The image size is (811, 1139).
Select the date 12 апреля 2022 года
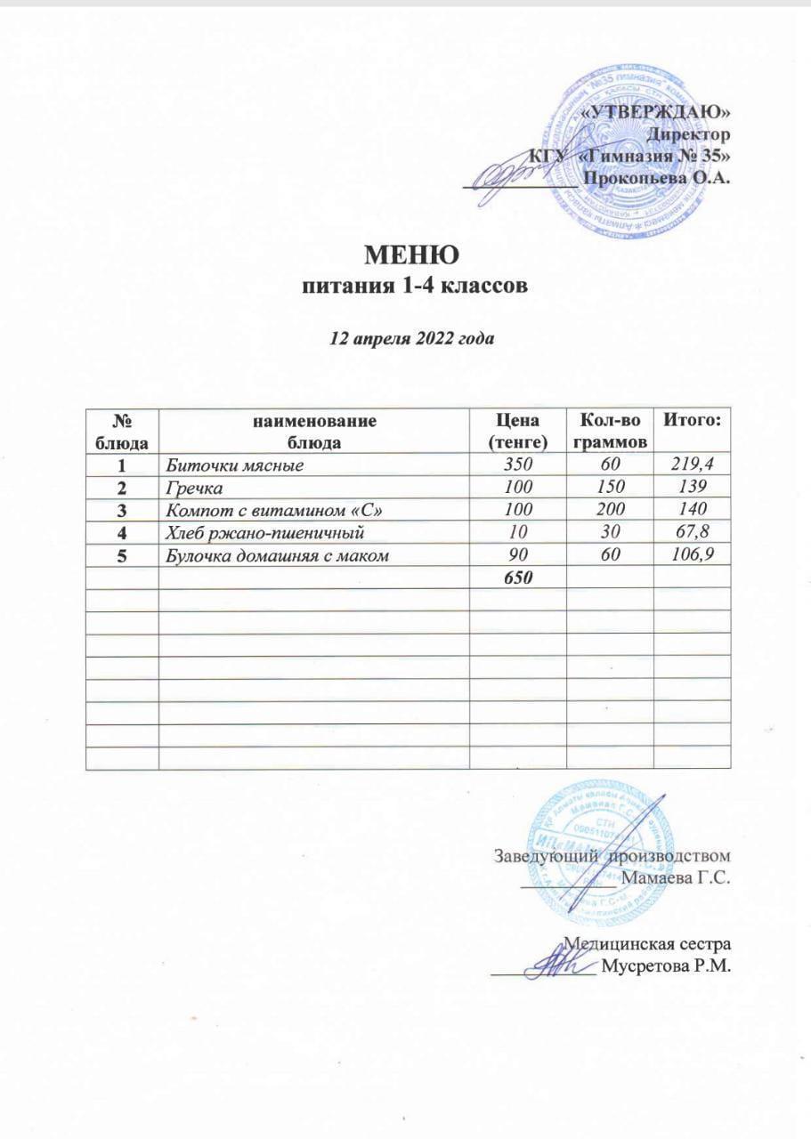click(x=411, y=339)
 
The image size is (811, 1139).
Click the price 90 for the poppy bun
click(x=514, y=555)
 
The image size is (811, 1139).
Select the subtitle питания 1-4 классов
click(x=411, y=287)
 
